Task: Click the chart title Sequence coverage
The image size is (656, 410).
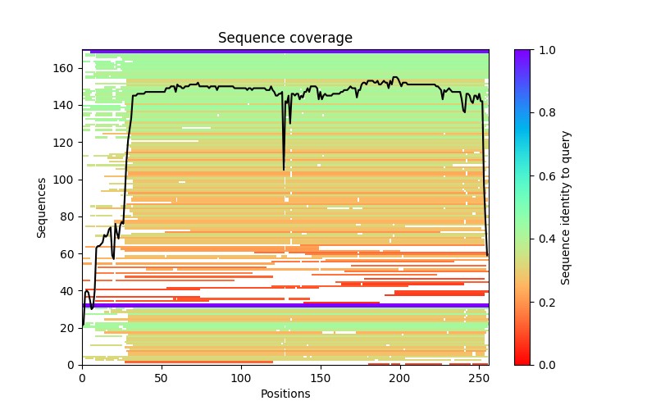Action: (285, 39)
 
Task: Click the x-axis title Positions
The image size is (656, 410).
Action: (285, 394)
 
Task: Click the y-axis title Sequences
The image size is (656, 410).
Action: (42, 207)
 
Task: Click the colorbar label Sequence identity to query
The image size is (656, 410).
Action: (566, 207)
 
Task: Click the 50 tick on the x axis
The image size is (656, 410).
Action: (162, 365)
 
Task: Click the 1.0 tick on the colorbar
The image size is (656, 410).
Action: (532, 49)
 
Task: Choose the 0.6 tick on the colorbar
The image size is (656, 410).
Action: (532, 175)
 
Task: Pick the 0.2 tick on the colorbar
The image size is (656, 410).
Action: (532, 301)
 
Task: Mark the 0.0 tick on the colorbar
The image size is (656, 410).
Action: (532, 364)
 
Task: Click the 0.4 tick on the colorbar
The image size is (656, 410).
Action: (532, 239)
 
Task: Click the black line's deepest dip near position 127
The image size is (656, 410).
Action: (284, 170)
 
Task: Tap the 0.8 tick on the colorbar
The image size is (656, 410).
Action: (532, 112)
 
